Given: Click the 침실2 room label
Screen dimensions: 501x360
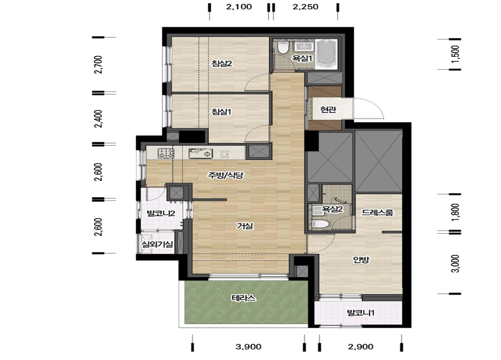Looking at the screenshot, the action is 222,64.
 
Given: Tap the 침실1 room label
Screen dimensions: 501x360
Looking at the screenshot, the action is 221,112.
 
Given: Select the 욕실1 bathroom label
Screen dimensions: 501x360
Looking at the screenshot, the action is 302,58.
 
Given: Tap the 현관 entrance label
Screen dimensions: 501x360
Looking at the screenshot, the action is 328,110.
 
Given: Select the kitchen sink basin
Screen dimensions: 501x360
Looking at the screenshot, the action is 201,153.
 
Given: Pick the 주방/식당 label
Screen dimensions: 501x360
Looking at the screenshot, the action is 225,175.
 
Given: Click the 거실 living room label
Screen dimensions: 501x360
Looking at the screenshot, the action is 245,226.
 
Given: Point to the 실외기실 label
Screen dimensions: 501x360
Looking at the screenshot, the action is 157,244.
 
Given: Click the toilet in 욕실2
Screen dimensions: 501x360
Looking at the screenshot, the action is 321,224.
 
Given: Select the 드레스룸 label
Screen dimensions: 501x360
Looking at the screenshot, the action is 377,212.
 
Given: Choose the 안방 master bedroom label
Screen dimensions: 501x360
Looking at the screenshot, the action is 361,259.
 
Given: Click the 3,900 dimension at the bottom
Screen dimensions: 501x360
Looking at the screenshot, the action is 248,347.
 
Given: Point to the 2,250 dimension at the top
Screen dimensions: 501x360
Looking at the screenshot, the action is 306,7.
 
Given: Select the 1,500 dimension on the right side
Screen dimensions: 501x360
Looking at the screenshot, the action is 455,54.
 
